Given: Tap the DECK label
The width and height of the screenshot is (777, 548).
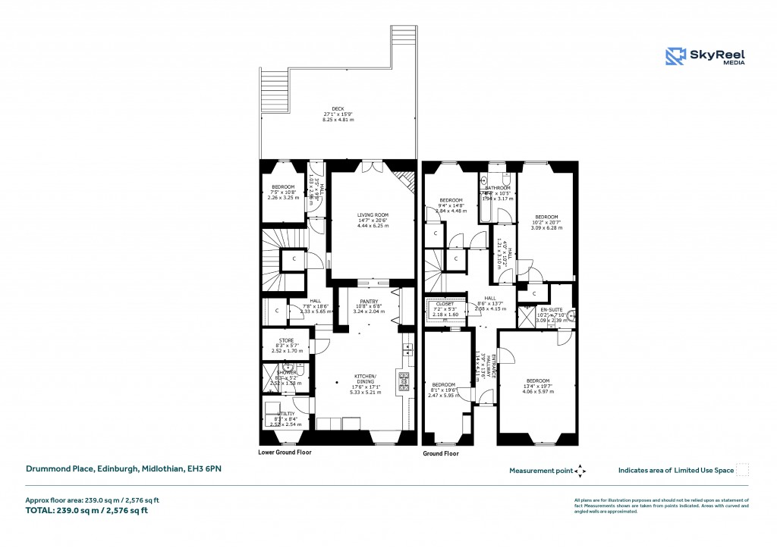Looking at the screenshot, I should [338, 108].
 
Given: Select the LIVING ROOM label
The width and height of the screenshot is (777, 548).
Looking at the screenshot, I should [373, 215].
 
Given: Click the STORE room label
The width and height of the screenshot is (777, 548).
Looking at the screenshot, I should [285, 340].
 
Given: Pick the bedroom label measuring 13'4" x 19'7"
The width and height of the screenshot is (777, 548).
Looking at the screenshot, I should [538, 380].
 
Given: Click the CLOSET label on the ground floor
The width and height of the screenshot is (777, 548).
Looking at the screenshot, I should [445, 304].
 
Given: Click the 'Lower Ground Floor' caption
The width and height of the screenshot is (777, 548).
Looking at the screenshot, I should [285, 452].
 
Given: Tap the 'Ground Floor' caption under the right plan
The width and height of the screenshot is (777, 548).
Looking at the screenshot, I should [440, 454].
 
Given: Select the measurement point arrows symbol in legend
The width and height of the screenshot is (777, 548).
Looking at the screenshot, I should [580, 471].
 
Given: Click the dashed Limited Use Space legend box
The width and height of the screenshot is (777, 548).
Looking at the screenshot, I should [743, 470].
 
